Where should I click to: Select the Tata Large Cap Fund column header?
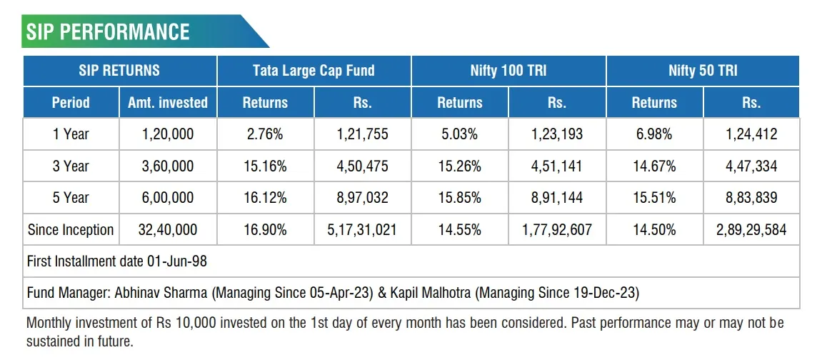pos(314,71)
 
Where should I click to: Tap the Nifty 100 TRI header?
pos(508,71)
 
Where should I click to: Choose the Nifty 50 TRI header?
pos(703,71)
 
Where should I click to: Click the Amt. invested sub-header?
pos(168,103)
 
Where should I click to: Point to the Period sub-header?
pos(71,103)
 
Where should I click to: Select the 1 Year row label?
pos(71,134)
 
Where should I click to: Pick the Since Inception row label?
pos(71,230)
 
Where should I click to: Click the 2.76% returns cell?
pos(265,134)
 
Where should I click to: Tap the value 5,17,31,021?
pos(362,230)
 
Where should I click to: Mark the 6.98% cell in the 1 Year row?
pos(654,134)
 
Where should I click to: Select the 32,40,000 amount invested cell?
pos(168,230)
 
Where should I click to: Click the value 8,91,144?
pos(557,198)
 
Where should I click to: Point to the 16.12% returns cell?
pos(265,198)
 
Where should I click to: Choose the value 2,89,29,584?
pos(751,230)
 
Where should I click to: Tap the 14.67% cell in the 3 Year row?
pos(654,166)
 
